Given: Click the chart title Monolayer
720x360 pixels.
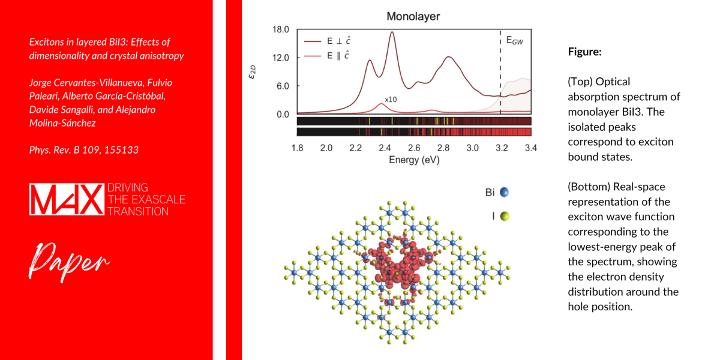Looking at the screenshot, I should click(x=413, y=16).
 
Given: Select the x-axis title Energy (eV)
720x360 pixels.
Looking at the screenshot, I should click(x=413, y=160).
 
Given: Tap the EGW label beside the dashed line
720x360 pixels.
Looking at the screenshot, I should click(x=514, y=41).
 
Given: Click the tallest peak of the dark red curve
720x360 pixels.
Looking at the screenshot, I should click(x=392, y=33).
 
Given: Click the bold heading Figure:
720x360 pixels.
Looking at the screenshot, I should click(x=584, y=52).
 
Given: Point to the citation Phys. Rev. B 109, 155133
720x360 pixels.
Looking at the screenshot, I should click(x=83, y=150).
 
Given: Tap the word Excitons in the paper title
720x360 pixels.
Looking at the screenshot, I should click(x=46, y=42).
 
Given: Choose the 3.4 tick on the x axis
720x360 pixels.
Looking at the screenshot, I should click(x=530, y=148).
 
